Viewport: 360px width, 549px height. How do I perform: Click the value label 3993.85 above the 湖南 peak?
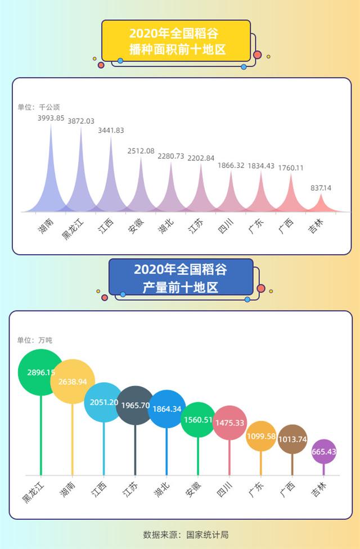51,118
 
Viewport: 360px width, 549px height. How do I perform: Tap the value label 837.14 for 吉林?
321,188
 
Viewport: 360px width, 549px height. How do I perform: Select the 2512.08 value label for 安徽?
141,151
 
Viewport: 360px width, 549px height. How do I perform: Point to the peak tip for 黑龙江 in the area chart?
81,128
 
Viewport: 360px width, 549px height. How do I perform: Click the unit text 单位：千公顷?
38,107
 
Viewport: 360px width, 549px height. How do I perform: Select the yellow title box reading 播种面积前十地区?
176,41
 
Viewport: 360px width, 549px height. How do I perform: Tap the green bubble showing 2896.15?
40,372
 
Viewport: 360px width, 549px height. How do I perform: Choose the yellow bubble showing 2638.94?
72,381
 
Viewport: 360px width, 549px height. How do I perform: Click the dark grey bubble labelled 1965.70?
135,405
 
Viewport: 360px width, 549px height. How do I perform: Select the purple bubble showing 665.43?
323,452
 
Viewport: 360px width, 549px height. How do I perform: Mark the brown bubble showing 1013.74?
292,439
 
